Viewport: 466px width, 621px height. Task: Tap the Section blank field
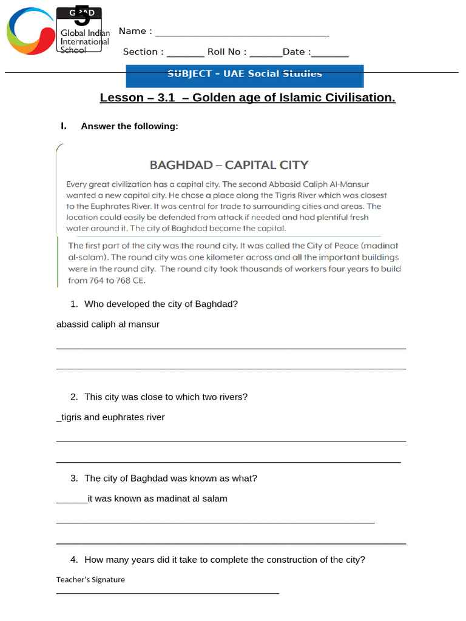pyautogui.click(x=186, y=53)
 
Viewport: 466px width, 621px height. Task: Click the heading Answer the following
pyautogui.click(x=129, y=126)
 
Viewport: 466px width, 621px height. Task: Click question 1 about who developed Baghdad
pyautogui.click(x=160, y=304)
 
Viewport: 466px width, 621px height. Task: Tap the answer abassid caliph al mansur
pyautogui.click(x=108, y=324)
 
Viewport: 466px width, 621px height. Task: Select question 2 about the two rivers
pyautogui.click(x=166, y=397)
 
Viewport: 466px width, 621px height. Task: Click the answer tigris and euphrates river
pyautogui.click(x=111, y=417)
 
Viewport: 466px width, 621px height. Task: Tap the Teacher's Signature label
pyautogui.click(x=90, y=580)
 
